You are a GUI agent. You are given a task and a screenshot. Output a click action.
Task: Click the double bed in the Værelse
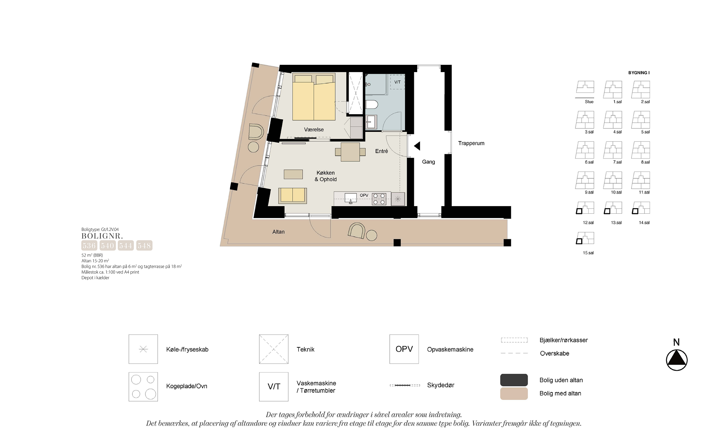pyautogui.click(x=314, y=97)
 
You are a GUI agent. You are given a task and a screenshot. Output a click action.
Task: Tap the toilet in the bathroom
pyautogui.click(x=372, y=105)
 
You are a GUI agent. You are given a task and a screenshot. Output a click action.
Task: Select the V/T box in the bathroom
pyautogui.click(x=398, y=82)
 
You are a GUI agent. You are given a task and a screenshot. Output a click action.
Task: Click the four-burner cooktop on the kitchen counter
pyautogui.click(x=379, y=199)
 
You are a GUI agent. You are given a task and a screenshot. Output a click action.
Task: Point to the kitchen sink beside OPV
pyautogui.click(x=350, y=198)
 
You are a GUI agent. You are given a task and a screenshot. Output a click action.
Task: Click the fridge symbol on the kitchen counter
pyautogui.click(x=398, y=199)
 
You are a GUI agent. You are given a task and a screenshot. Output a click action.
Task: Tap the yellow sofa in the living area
pyautogui.click(x=292, y=196)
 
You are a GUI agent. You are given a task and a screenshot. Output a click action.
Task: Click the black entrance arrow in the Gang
pyautogui.click(x=417, y=146)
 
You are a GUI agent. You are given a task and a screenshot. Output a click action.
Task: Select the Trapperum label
pyautogui.click(x=471, y=143)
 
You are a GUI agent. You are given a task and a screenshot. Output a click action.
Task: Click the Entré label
pyautogui.click(x=381, y=151)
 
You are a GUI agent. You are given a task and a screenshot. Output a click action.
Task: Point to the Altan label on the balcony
pyautogui.click(x=278, y=232)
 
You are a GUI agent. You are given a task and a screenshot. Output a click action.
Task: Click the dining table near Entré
pyautogui.click(x=350, y=152)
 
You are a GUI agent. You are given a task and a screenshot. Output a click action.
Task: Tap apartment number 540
pyautogui.click(x=107, y=246)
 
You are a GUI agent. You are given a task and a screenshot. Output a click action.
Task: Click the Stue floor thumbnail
pyautogui.click(x=585, y=89)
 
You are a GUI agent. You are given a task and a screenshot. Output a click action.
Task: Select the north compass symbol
pyautogui.click(x=677, y=360)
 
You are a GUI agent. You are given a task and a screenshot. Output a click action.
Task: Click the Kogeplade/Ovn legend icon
pyautogui.click(x=143, y=387)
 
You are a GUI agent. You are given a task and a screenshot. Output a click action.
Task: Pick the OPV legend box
pyautogui.click(x=404, y=349)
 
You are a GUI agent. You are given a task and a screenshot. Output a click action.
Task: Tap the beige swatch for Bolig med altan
pyautogui.click(x=514, y=394)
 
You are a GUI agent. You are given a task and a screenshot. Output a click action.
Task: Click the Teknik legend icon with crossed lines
pyautogui.click(x=274, y=349)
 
